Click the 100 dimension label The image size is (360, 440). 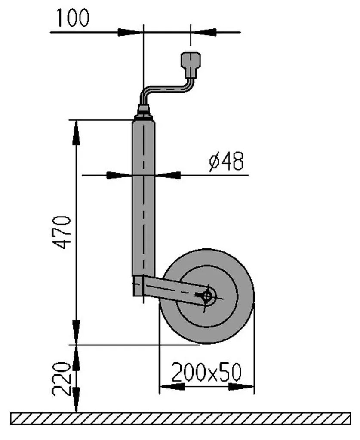[73, 18]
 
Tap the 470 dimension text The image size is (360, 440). [62, 232]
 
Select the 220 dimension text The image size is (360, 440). [61, 379]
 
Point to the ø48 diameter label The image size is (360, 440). [226, 162]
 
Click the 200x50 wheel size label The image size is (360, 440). [206, 372]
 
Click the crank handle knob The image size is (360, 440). [191, 64]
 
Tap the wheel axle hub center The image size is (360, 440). [208, 296]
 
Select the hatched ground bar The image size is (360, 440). [181, 419]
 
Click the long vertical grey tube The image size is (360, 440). [144, 198]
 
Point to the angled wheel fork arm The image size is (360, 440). [174, 290]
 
